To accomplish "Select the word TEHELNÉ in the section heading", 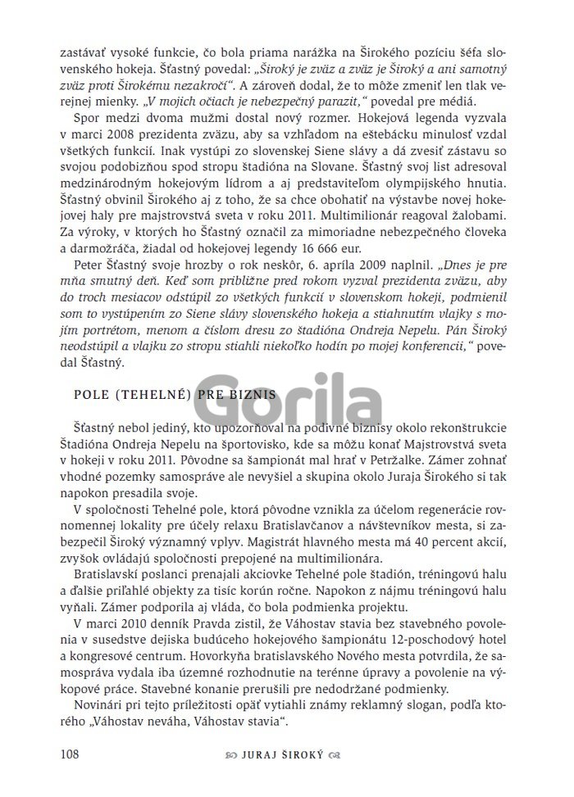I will tap(150, 393).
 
